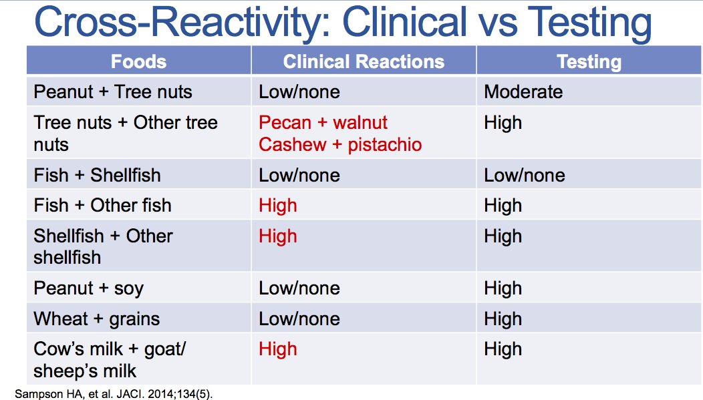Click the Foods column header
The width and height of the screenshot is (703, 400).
tap(138, 61)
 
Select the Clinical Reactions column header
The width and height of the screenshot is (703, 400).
tap(364, 61)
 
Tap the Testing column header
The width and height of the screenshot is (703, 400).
tap(589, 62)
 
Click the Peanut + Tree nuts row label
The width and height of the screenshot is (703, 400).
tap(113, 92)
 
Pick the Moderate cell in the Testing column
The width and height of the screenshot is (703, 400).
tap(523, 92)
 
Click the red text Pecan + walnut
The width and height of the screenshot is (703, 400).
tap(323, 122)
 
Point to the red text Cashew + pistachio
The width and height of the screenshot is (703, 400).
tap(340, 144)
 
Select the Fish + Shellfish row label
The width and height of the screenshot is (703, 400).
tap(98, 175)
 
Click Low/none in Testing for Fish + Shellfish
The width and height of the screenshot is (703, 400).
tap(525, 175)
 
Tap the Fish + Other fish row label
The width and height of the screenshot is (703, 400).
tap(103, 206)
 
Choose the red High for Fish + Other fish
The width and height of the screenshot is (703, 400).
tap(278, 206)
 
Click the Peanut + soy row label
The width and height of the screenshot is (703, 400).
tap(89, 288)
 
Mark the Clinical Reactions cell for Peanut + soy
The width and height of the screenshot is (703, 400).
tap(299, 288)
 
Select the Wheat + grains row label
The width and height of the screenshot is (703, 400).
tap(97, 319)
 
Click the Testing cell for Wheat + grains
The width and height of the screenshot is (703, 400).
tap(503, 319)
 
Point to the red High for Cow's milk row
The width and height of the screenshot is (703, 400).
tap(278, 349)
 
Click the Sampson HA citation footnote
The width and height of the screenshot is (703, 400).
tap(114, 394)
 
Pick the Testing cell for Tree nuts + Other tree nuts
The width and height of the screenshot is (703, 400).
tap(503, 123)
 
